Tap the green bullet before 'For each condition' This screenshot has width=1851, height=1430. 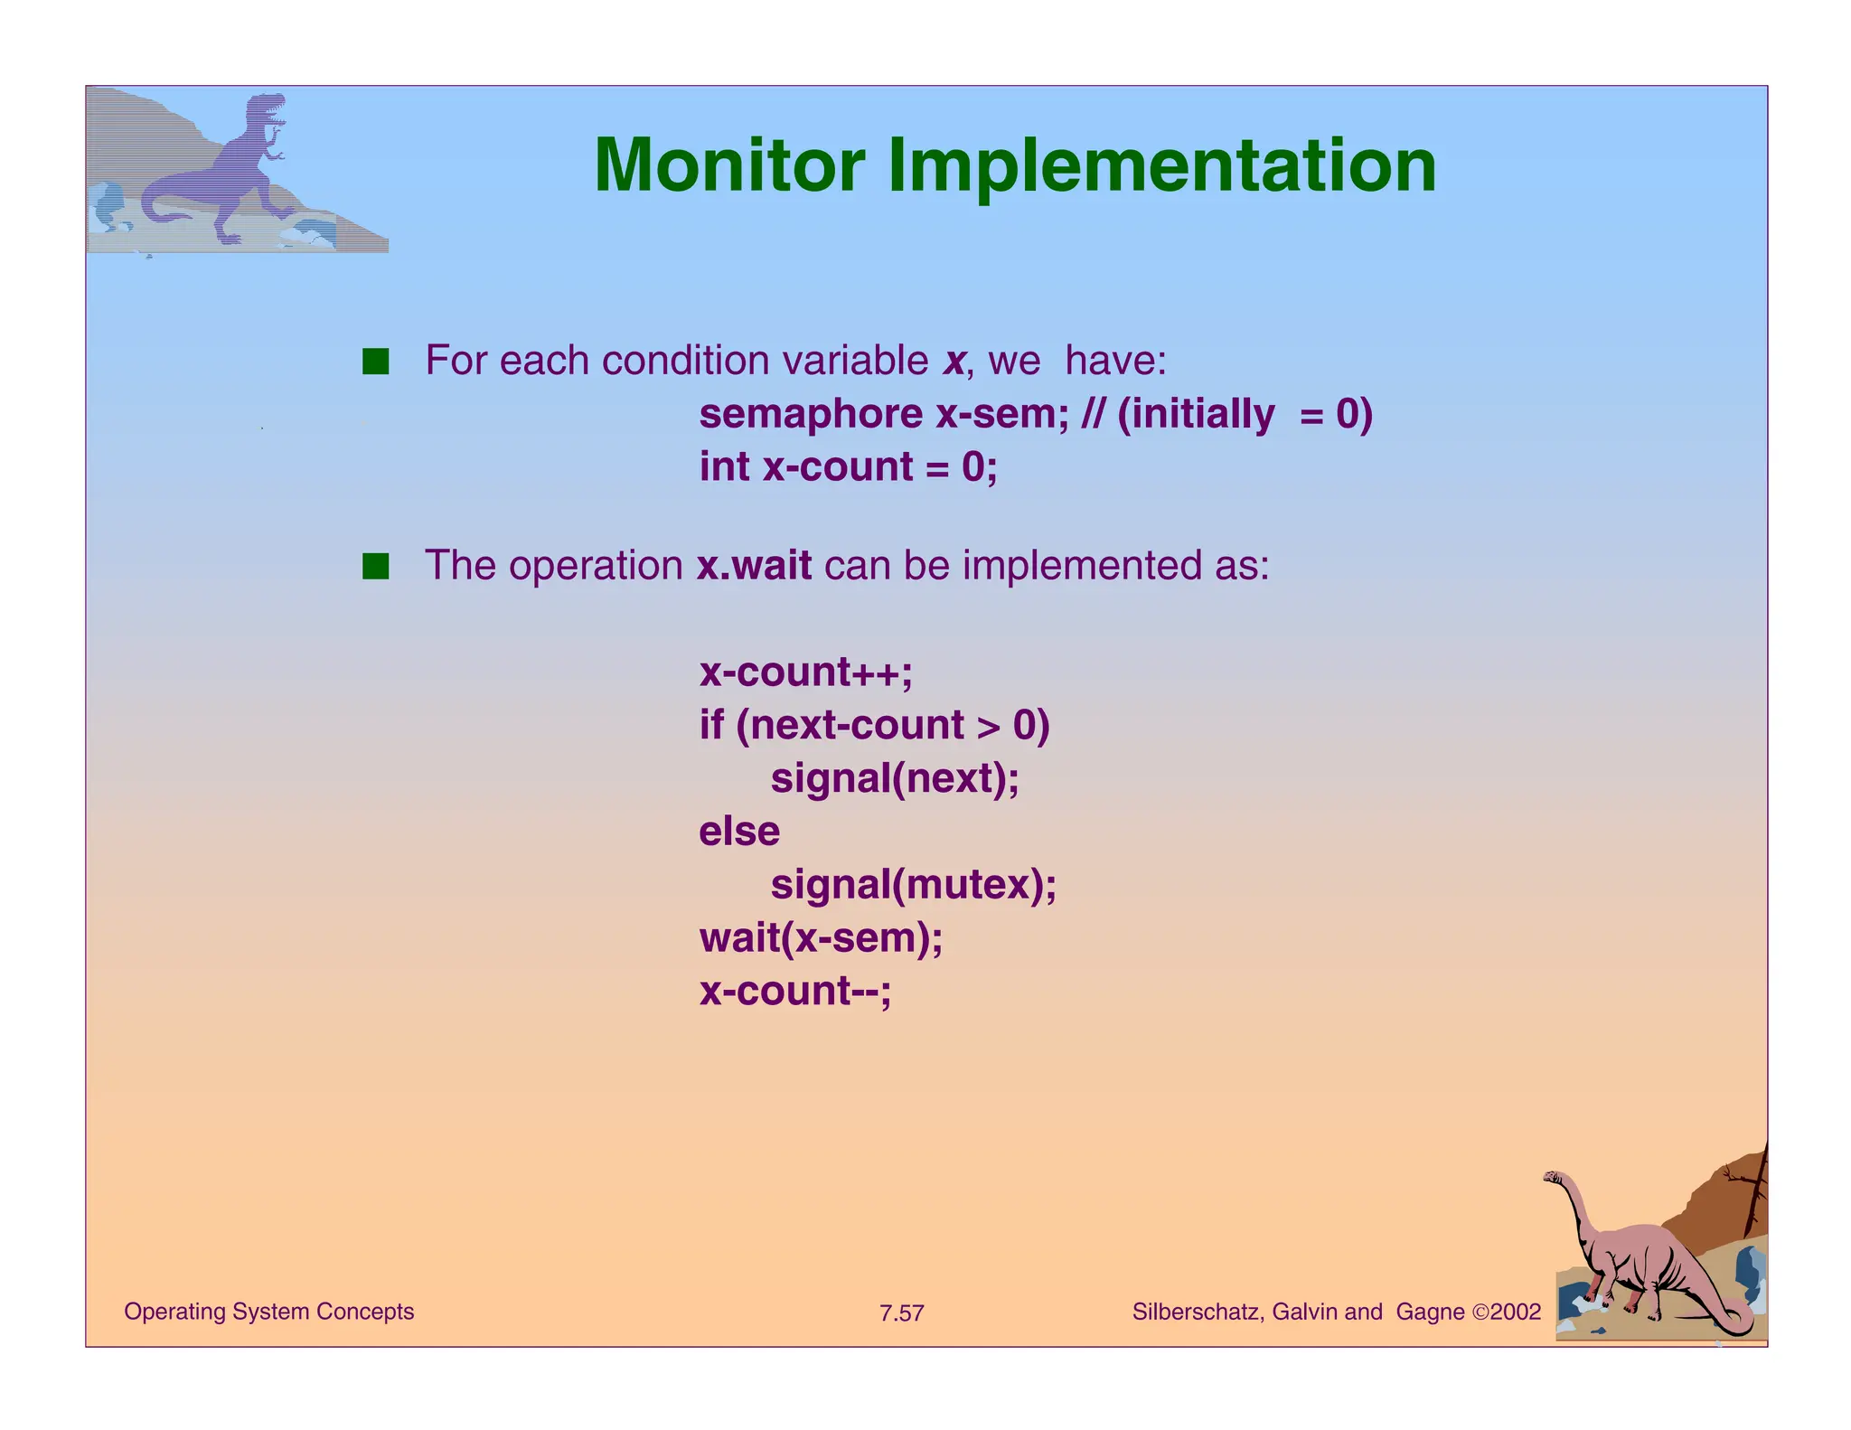tap(375, 362)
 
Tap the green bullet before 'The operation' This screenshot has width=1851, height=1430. tap(375, 567)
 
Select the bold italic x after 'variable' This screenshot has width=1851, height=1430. tap(954, 362)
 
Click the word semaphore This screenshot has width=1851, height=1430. tap(811, 415)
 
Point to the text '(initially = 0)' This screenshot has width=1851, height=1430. tap(1245, 415)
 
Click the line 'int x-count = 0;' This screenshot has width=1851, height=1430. tap(848, 467)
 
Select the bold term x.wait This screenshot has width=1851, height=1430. tap(754, 566)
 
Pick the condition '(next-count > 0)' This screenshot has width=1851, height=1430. tap(893, 726)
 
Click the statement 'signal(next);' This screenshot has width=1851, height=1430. tap(894, 778)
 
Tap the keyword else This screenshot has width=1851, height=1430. tap(738, 832)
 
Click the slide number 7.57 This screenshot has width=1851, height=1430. tap(901, 1313)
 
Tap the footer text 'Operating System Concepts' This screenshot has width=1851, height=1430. tap(268, 1312)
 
